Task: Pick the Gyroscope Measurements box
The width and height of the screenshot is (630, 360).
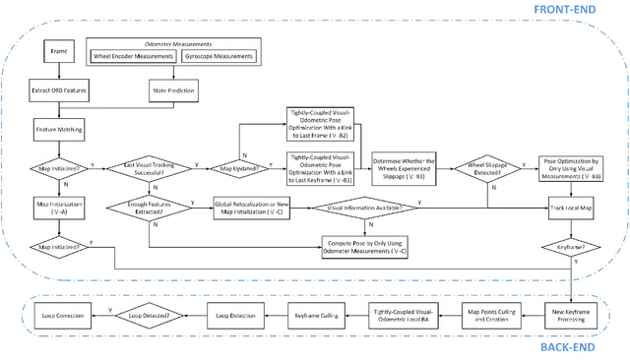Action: click(218, 56)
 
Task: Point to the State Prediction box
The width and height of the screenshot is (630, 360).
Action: click(172, 90)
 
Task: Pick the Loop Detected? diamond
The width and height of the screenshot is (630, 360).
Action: click(151, 314)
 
